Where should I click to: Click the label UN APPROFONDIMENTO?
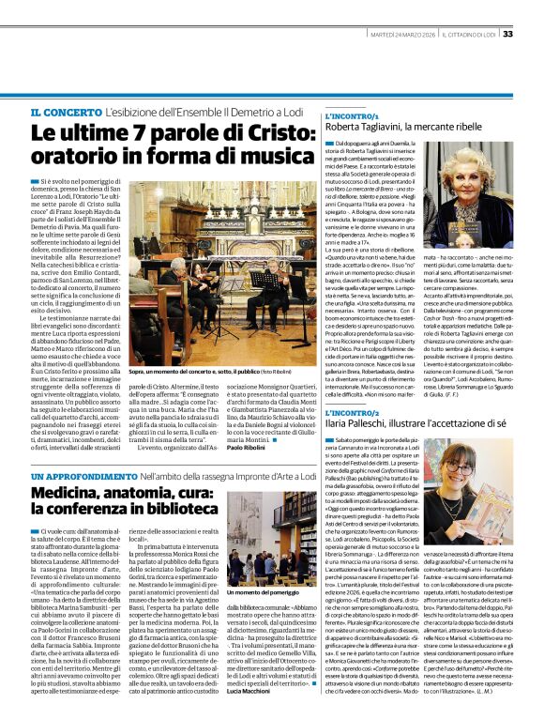(75, 477)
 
